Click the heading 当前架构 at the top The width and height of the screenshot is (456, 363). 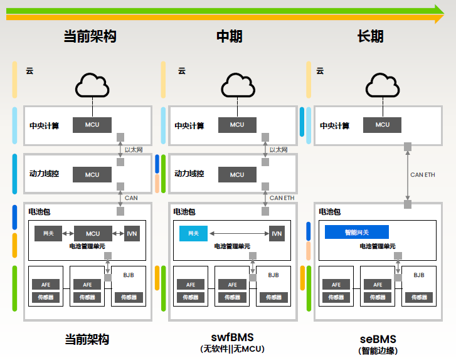click(90, 36)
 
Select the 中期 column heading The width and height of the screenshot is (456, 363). click(230, 36)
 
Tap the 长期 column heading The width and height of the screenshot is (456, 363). click(370, 36)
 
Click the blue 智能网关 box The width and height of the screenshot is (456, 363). click(357, 232)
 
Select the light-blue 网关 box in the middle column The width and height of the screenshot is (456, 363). click(193, 233)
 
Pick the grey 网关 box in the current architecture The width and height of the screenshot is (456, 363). click(48, 233)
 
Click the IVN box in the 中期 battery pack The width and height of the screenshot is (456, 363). click(277, 233)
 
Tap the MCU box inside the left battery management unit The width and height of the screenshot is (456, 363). click(93, 233)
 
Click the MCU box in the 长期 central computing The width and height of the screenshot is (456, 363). click(383, 125)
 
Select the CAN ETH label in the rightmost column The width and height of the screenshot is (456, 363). click(422, 175)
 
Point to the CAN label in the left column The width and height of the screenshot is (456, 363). click(131, 198)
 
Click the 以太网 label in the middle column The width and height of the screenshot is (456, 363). click(278, 150)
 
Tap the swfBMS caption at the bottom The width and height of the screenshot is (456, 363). click(232, 337)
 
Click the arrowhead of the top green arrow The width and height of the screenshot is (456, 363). click(439, 10)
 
